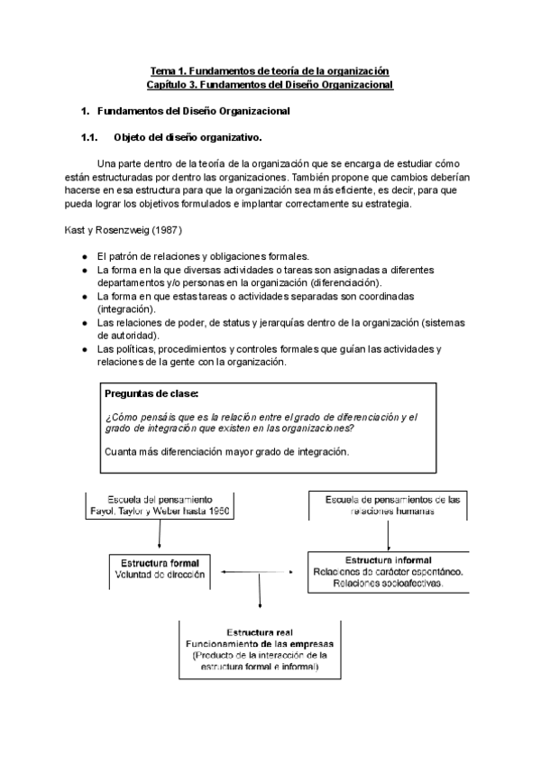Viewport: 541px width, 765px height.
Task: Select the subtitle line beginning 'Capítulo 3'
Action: (270, 84)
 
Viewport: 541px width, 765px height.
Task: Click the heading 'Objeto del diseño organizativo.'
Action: (188, 137)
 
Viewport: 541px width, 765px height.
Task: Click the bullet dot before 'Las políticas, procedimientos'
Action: (84, 348)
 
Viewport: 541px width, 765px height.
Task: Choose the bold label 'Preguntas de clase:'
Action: (151, 394)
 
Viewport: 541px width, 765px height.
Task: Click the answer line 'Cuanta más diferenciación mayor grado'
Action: (226, 451)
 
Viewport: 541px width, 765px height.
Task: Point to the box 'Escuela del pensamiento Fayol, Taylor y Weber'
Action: (160, 505)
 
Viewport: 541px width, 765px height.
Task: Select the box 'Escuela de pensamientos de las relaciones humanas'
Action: (388, 505)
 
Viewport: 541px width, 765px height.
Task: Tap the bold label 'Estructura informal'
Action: (388, 559)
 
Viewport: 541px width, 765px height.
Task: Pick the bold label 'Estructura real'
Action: (259, 631)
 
